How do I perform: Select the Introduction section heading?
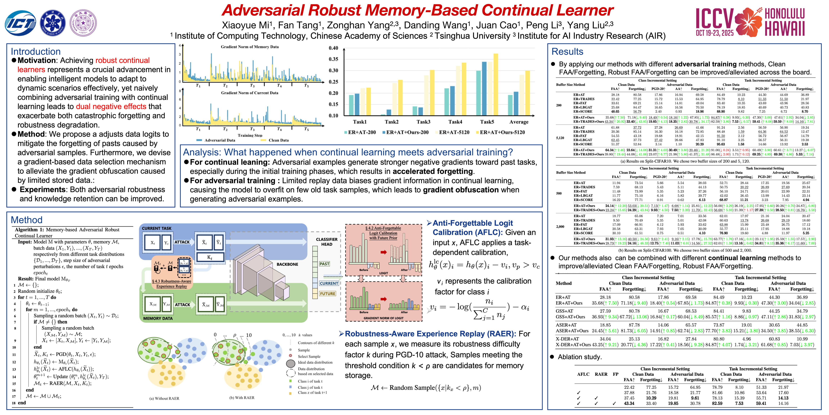36,52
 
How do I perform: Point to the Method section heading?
27,220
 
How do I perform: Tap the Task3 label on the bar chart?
423,122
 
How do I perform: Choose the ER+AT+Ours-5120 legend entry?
502,132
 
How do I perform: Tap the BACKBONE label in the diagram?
287,264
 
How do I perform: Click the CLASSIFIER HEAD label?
327,242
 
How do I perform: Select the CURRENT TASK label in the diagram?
157,228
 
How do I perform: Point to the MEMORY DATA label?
158,318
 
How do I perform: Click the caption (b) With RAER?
242,398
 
